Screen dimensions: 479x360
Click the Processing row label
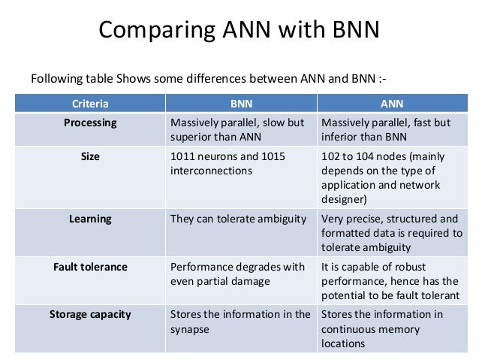89,123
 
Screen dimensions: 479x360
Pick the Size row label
89,158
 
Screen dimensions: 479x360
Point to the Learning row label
89,219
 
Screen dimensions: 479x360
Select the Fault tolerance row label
89,266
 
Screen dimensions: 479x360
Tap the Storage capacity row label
89,314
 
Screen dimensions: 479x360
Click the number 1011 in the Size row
185,158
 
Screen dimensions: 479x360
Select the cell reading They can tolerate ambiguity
239,219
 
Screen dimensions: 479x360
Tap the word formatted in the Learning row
345,234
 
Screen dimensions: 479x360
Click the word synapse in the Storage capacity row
191,329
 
